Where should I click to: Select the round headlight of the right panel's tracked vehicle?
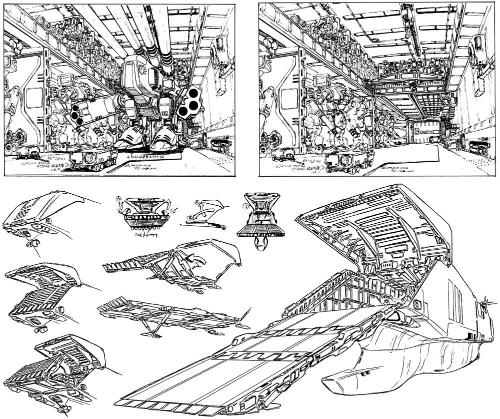pyautogui.click(x=344, y=159)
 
